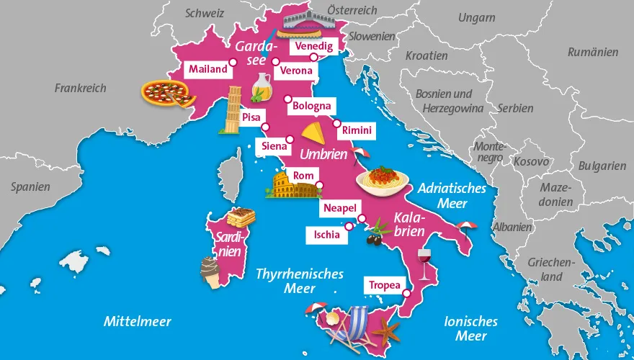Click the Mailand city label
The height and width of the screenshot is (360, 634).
(207, 70)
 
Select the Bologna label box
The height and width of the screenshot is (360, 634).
(311, 107)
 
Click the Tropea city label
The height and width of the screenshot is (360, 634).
(384, 285)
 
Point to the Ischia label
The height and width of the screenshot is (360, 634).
(323, 234)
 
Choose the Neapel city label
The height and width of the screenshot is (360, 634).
(340, 208)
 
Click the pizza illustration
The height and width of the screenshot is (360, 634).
(167, 93)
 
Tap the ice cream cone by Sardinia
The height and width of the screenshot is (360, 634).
(211, 272)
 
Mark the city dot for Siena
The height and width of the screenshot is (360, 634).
(290, 139)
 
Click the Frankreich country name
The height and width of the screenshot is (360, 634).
(80, 88)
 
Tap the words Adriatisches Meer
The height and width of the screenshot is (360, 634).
(452, 196)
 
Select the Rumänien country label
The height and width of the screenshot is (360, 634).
(592, 52)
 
